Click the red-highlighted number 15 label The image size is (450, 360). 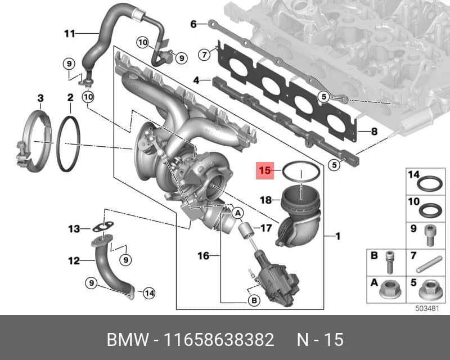(x=264, y=170)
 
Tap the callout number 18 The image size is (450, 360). (x=265, y=200)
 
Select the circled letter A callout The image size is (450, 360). (x=237, y=213)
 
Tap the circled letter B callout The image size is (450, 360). (x=254, y=300)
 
